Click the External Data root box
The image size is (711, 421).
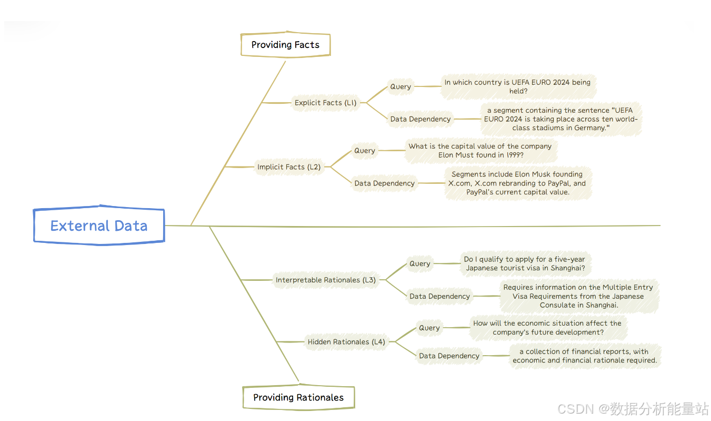point(99,226)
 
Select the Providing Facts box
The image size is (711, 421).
point(285,45)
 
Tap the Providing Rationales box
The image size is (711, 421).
point(298,397)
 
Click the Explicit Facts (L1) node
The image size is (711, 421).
point(325,103)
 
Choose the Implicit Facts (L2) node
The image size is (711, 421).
point(289,167)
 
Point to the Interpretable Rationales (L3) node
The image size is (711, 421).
point(326,280)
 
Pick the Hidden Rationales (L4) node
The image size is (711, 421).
point(346,342)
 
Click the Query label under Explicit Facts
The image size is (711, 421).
point(400,86)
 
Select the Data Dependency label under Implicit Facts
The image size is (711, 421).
point(384,183)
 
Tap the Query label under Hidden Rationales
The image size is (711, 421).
point(429,328)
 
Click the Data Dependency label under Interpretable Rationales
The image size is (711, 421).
point(439,296)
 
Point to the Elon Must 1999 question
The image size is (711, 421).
point(480,151)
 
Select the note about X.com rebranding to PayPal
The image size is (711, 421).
point(517,183)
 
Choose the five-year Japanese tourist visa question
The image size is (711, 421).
point(525,263)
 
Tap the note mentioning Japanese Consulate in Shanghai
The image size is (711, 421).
point(578,296)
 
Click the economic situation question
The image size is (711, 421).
point(547,328)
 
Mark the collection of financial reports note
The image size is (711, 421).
point(584,356)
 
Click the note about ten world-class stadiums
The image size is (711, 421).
point(560,119)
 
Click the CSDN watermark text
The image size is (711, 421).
point(633,408)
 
